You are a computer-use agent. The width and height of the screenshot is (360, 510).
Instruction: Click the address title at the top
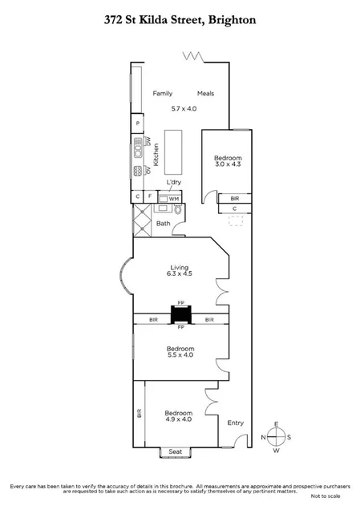[x=180, y=21]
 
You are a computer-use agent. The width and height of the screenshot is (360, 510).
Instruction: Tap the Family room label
[x=164, y=94]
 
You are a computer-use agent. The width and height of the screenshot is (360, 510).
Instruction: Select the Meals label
[x=205, y=94]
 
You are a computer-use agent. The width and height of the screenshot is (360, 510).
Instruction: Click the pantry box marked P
[x=138, y=123]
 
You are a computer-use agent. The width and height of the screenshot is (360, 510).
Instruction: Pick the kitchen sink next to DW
[x=138, y=148]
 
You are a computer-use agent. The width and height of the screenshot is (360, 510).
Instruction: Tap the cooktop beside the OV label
[x=138, y=170]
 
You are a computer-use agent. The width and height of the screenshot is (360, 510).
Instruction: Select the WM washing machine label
[x=173, y=198]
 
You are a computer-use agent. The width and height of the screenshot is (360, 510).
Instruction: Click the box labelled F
[x=150, y=196]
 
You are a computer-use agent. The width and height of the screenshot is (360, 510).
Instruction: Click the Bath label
[x=163, y=224]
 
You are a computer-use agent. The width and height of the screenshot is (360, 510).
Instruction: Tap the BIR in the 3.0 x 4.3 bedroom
[x=234, y=197]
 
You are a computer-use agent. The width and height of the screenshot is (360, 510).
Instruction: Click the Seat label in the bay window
[x=175, y=452]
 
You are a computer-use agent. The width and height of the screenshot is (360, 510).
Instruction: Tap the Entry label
[x=235, y=423]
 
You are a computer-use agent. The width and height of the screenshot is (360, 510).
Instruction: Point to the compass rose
[x=275, y=437]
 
